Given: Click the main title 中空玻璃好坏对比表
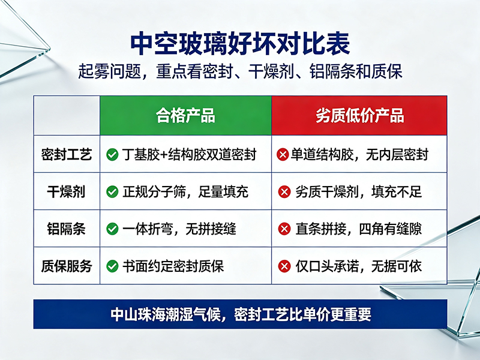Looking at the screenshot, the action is point(240,44).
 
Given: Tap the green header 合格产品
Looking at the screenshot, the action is point(185,116).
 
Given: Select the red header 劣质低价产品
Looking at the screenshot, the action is point(359,116).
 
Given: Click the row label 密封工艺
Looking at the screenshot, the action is point(67,154).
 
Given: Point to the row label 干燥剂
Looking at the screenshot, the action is point(66,191).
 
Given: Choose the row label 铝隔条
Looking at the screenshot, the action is point(66,229).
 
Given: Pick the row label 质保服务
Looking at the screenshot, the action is point(67,266).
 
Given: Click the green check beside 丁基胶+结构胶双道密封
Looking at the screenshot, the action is point(112,155).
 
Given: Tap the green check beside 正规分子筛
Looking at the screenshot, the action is point(112,192).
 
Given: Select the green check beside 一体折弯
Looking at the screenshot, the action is point(112,229).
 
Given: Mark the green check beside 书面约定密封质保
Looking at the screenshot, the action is point(112,266).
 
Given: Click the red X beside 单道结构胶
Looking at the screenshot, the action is point(283,155).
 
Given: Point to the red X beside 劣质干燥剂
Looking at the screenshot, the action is point(284,192).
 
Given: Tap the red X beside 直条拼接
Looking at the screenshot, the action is point(284,229).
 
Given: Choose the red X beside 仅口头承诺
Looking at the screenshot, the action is point(284,266).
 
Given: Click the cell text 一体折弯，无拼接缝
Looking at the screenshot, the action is point(179,229).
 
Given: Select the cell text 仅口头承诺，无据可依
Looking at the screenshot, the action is point(358,266).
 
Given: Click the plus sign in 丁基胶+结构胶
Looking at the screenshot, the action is point(164,155).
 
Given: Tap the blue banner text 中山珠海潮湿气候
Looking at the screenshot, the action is point(166,314).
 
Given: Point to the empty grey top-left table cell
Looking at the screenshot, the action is point(67,115).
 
